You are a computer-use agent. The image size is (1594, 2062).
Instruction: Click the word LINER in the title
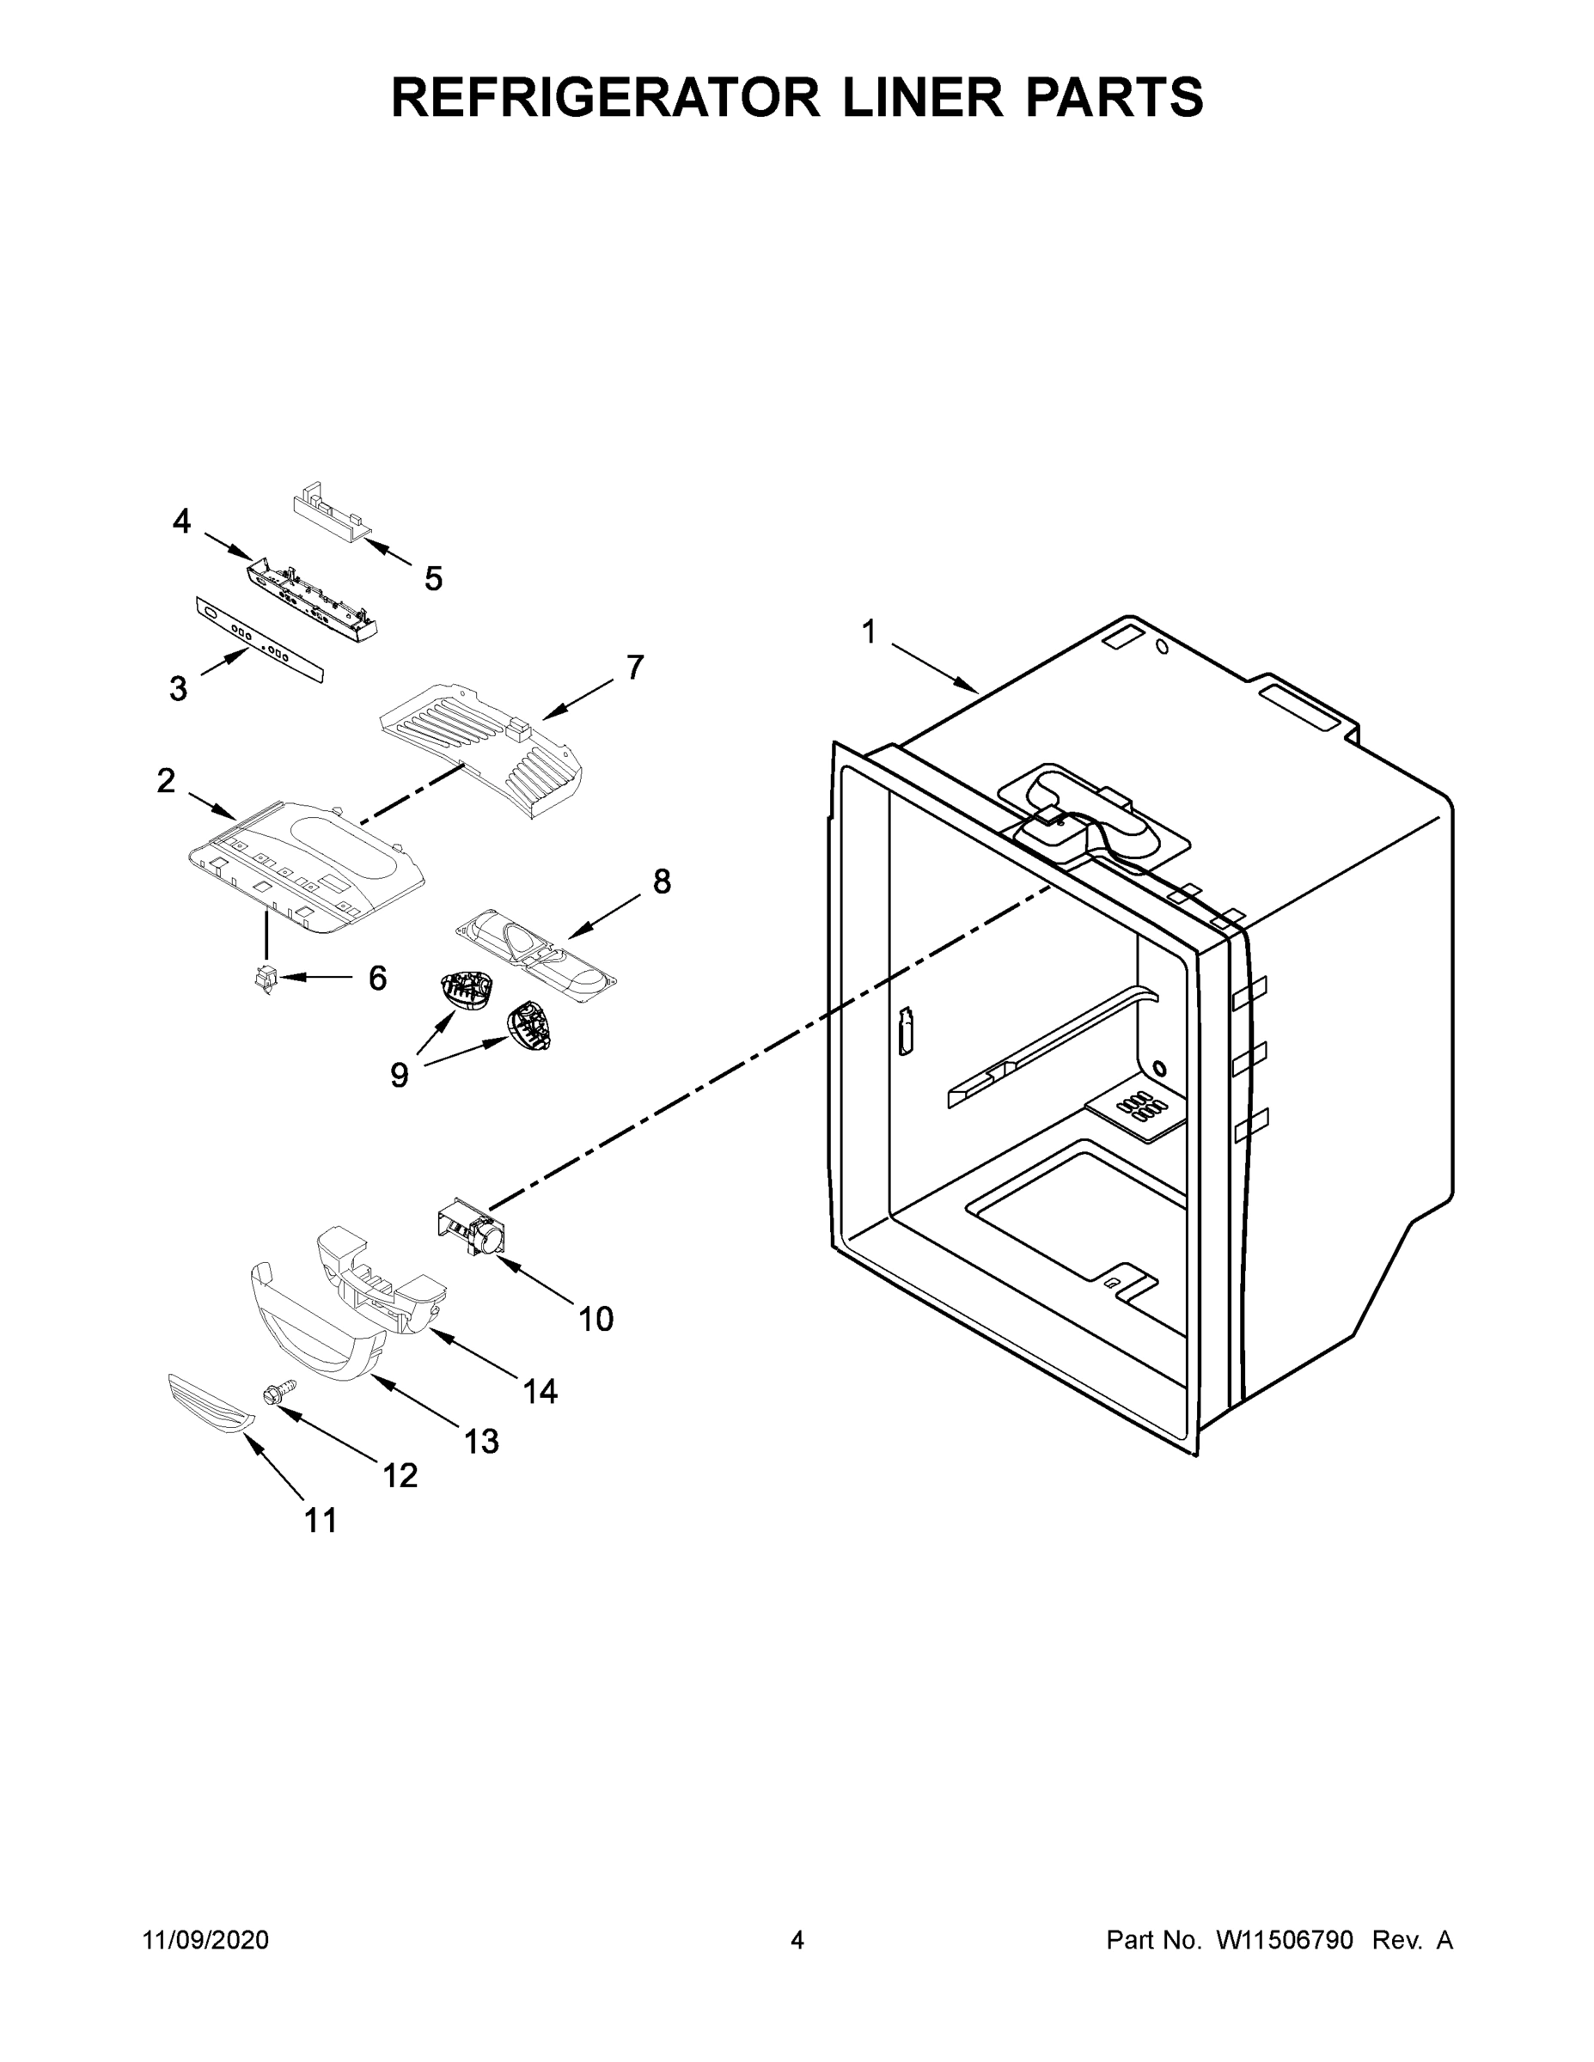[925, 97]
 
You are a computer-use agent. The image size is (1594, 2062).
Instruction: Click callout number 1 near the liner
[869, 632]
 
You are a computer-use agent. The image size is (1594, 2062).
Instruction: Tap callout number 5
[432, 579]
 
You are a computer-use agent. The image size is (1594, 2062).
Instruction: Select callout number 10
[595, 1319]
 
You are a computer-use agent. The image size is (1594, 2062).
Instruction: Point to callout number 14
[540, 1391]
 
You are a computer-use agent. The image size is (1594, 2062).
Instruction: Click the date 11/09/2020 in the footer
[206, 1940]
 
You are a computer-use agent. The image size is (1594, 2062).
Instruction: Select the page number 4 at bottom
[797, 1940]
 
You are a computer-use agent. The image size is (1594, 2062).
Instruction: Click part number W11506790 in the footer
[1285, 1940]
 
